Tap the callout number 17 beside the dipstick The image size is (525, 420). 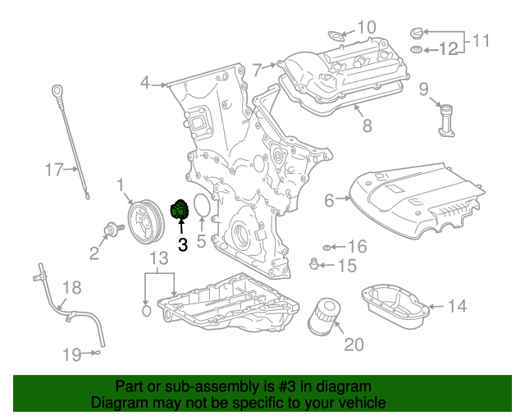[53, 170]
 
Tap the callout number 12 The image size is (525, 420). [448, 49]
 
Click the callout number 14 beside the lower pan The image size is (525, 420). [456, 306]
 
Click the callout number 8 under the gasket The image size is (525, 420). [367, 126]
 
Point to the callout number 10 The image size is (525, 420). [366, 26]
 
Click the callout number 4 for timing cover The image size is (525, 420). [145, 82]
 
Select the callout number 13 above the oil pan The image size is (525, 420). [158, 258]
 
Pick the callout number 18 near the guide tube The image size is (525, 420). [72, 287]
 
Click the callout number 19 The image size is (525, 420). [71, 354]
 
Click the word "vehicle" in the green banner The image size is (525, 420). [360, 403]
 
